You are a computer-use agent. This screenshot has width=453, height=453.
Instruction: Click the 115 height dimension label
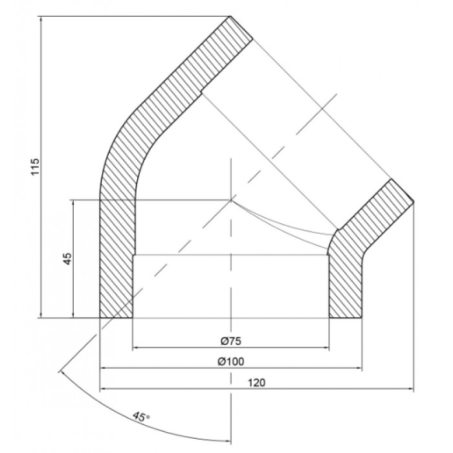[34, 166]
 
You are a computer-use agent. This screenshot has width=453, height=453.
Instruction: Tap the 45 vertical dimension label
[67, 259]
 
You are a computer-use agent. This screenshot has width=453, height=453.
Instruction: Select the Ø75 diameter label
[230, 341]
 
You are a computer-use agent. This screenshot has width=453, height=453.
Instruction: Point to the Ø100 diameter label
[230, 361]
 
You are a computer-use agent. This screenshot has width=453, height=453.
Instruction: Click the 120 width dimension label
[256, 382]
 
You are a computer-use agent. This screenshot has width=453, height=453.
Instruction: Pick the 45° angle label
[141, 417]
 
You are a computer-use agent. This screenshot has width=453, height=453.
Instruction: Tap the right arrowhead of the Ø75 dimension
[326, 348]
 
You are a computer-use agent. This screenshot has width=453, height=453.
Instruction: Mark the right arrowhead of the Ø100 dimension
[359, 368]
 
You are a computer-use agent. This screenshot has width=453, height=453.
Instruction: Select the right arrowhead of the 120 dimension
[411, 388]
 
